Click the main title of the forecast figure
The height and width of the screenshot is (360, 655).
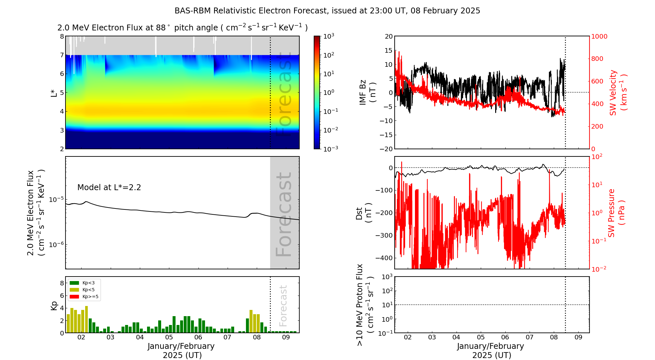[x=327, y=11]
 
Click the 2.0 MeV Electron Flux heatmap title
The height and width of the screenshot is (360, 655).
[x=182, y=27]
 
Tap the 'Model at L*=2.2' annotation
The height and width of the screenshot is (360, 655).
[x=109, y=188]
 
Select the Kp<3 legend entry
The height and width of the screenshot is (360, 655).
[x=84, y=283]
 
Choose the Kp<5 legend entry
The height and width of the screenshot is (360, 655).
[x=84, y=290]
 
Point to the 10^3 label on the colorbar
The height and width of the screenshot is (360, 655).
[x=329, y=36]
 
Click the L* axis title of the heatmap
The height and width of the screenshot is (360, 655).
[x=54, y=93]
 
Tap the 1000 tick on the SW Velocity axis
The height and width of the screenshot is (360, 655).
[x=599, y=36]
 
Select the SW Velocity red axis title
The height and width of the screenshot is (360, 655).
[x=618, y=93]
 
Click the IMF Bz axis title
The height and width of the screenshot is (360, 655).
[x=367, y=93]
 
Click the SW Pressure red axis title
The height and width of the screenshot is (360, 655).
[x=616, y=213]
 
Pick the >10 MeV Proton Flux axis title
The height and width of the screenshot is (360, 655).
[x=365, y=305]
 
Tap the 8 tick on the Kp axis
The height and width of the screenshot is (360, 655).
[x=62, y=283]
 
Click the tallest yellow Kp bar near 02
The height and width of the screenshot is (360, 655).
[x=86, y=319]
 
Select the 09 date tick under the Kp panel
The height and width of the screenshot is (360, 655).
[x=286, y=337]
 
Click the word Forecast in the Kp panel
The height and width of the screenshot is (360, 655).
[x=283, y=306]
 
